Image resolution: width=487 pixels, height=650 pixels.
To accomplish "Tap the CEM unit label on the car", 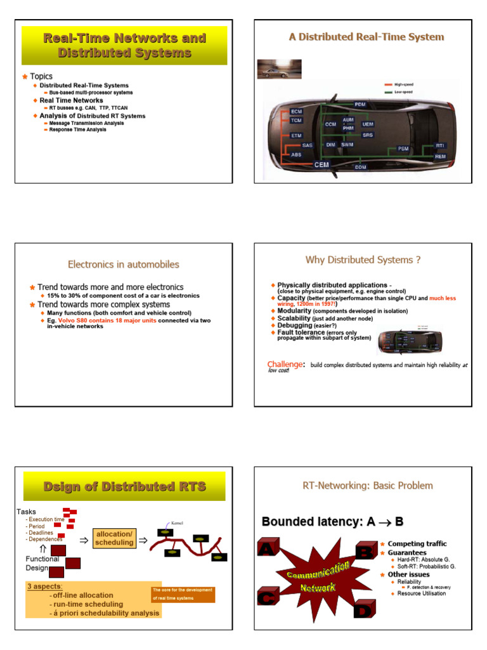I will pyautogui.click(x=322, y=164).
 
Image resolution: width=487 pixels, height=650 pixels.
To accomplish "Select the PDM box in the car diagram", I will pyautogui.click(x=360, y=104).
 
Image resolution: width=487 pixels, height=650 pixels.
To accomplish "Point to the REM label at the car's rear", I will pyautogui.click(x=440, y=156).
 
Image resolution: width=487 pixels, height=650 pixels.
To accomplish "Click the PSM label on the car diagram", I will pyautogui.click(x=403, y=149).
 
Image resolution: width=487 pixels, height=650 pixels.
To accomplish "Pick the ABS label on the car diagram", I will pyautogui.click(x=296, y=154).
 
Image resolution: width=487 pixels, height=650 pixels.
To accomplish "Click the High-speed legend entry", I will pyautogui.click(x=403, y=84).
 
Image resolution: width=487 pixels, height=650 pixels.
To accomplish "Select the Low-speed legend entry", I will pyautogui.click(x=403, y=92).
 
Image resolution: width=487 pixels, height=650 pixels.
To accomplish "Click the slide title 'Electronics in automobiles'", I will pyautogui.click(x=124, y=264).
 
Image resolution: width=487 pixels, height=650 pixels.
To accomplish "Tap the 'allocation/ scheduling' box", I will pyautogui.click(x=114, y=538).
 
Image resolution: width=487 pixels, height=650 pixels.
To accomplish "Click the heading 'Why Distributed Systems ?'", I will pyautogui.click(x=363, y=260).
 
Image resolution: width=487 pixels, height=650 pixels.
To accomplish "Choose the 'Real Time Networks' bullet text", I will pyautogui.click(x=71, y=100).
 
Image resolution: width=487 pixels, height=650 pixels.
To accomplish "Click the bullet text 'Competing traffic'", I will pyautogui.click(x=417, y=544).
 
